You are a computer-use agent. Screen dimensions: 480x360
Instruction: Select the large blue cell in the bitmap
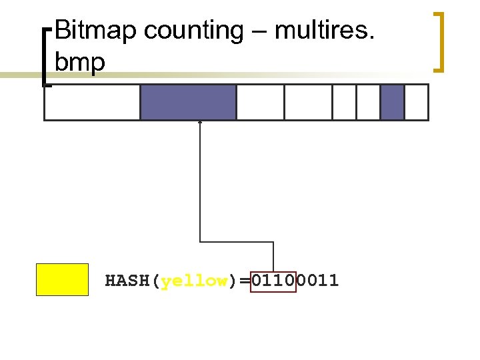pyautogui.click(x=188, y=102)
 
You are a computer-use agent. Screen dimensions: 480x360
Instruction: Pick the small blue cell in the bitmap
pyautogui.click(x=392, y=102)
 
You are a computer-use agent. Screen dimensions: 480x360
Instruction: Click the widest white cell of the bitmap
pyautogui.click(x=92, y=102)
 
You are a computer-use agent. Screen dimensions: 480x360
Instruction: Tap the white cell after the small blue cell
pyautogui.click(x=416, y=102)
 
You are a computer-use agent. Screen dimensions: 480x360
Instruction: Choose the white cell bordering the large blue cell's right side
pyautogui.click(x=260, y=102)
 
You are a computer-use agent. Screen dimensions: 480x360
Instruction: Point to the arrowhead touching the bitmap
pyautogui.click(x=200, y=123)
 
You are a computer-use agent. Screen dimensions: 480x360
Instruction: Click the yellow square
pyautogui.click(x=62, y=279)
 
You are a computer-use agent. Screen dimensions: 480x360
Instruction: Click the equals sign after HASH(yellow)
pyautogui.click(x=245, y=281)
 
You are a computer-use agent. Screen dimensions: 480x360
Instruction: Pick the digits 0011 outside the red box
pyautogui.click(x=317, y=281)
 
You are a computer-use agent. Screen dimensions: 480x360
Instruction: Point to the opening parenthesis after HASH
pyautogui.click(x=156, y=281)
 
